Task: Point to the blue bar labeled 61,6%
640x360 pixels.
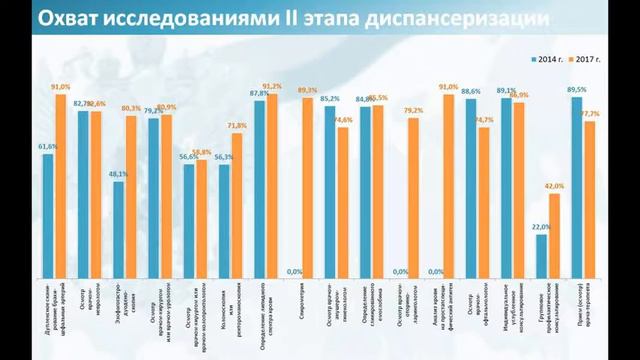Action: point(48,215)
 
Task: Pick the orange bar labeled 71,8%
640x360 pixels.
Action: point(237,205)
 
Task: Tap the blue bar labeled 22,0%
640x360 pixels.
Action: point(542,256)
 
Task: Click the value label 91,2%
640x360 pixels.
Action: point(272,87)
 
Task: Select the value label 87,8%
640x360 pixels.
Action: point(257,93)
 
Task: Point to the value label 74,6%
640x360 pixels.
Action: point(343,120)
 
